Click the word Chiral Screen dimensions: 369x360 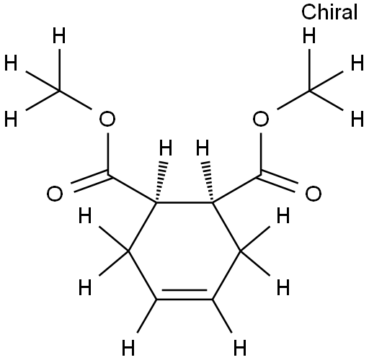point(329,12)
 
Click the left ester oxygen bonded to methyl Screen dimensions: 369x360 point(107,119)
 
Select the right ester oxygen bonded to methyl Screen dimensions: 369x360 point(261,119)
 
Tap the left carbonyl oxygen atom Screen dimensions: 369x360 point(55,194)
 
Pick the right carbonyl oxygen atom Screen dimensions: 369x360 point(314,194)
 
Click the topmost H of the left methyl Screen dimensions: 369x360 point(59,35)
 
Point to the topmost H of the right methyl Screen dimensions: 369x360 point(309,35)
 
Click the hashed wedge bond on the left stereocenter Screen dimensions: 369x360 point(161,181)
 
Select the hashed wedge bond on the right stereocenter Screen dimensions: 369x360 point(208,181)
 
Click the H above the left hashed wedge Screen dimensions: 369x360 point(166,148)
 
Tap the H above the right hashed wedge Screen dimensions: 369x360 point(203,148)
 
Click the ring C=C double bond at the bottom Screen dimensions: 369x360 point(184,295)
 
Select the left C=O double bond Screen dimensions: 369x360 point(91,181)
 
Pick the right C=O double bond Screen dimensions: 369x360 point(277,181)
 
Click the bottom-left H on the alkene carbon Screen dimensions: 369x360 point(128,348)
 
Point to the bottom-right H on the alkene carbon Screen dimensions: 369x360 point(240,348)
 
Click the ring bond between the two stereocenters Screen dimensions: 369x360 point(184,203)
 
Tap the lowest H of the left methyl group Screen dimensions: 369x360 point(11,119)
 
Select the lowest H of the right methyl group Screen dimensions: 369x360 point(357,119)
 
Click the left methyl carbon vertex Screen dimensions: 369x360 point(59,91)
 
